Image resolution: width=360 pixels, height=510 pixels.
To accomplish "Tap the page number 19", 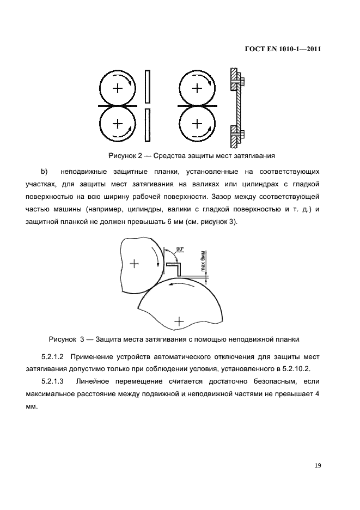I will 318,465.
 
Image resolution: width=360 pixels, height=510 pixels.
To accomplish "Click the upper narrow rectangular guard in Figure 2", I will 147,87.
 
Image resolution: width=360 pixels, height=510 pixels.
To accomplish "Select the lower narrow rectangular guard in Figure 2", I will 147,124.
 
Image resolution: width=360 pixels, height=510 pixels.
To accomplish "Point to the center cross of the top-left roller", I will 117,88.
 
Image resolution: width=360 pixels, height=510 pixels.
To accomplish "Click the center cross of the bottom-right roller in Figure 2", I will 197,123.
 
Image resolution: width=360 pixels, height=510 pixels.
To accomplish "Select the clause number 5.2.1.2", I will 53,357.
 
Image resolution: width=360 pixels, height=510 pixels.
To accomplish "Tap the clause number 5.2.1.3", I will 53,381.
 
